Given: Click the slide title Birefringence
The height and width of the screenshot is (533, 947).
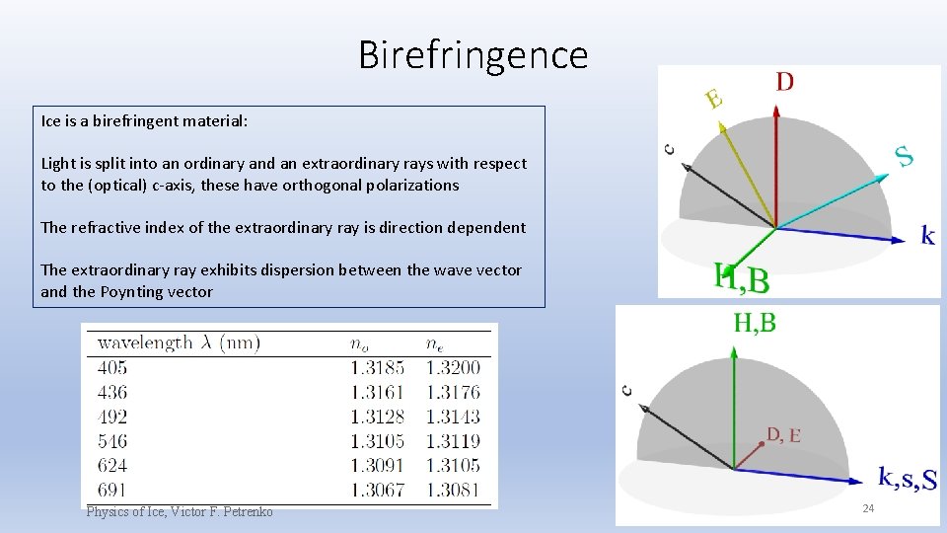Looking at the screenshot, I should coord(473,54).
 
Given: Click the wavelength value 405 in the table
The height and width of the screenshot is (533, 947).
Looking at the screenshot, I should coord(112,368).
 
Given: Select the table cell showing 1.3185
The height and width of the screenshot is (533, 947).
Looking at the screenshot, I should coord(377,368).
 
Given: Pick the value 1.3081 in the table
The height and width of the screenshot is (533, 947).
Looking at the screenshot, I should coord(453,490).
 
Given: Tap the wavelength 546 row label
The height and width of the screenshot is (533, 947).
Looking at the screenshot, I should coord(112,441).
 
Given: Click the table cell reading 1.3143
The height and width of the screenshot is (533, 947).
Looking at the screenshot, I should coord(453,417).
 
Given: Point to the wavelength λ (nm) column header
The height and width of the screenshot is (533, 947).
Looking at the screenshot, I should coord(179,343).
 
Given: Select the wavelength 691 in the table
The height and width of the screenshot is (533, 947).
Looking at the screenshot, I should coord(112,490).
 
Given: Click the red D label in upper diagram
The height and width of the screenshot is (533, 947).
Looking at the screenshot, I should coord(784,82).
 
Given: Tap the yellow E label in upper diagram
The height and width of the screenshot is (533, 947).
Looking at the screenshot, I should coord(714,99).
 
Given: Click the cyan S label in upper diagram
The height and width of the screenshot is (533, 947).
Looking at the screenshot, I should coord(904,155).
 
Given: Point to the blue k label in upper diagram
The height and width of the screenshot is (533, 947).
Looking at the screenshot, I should coord(927,235).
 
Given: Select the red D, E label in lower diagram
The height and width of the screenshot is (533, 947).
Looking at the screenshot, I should coord(783,435).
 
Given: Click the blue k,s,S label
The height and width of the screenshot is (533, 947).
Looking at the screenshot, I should coord(907,479).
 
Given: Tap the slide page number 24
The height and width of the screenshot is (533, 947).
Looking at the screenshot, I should coord(869,508).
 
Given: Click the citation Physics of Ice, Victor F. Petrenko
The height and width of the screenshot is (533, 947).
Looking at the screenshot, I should coord(180,511).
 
